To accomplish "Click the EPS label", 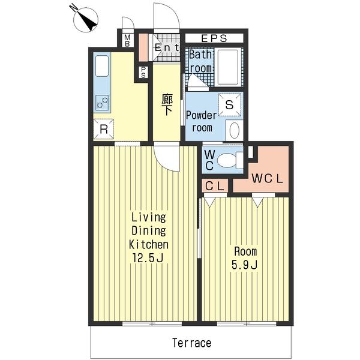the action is pos(214,38).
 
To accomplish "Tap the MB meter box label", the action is pos(127,40).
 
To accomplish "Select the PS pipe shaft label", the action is pos(143,72).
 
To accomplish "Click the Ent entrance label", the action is pos(167,48).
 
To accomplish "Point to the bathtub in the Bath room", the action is pos(228,67).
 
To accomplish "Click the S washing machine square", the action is pos(230,104).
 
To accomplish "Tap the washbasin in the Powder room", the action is pos(235,130).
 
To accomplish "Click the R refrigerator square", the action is pos(104,129).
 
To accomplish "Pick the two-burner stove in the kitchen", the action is pos(102,103).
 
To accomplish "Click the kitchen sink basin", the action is pos(102,66).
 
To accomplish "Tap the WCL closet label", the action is pos(267,179).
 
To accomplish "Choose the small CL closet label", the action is pos(215,186).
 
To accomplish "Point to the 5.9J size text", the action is pos(244,265).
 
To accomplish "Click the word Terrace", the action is pos(192,343).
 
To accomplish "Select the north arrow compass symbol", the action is pos(86,19).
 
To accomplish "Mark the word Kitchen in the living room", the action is pos(149,245).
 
